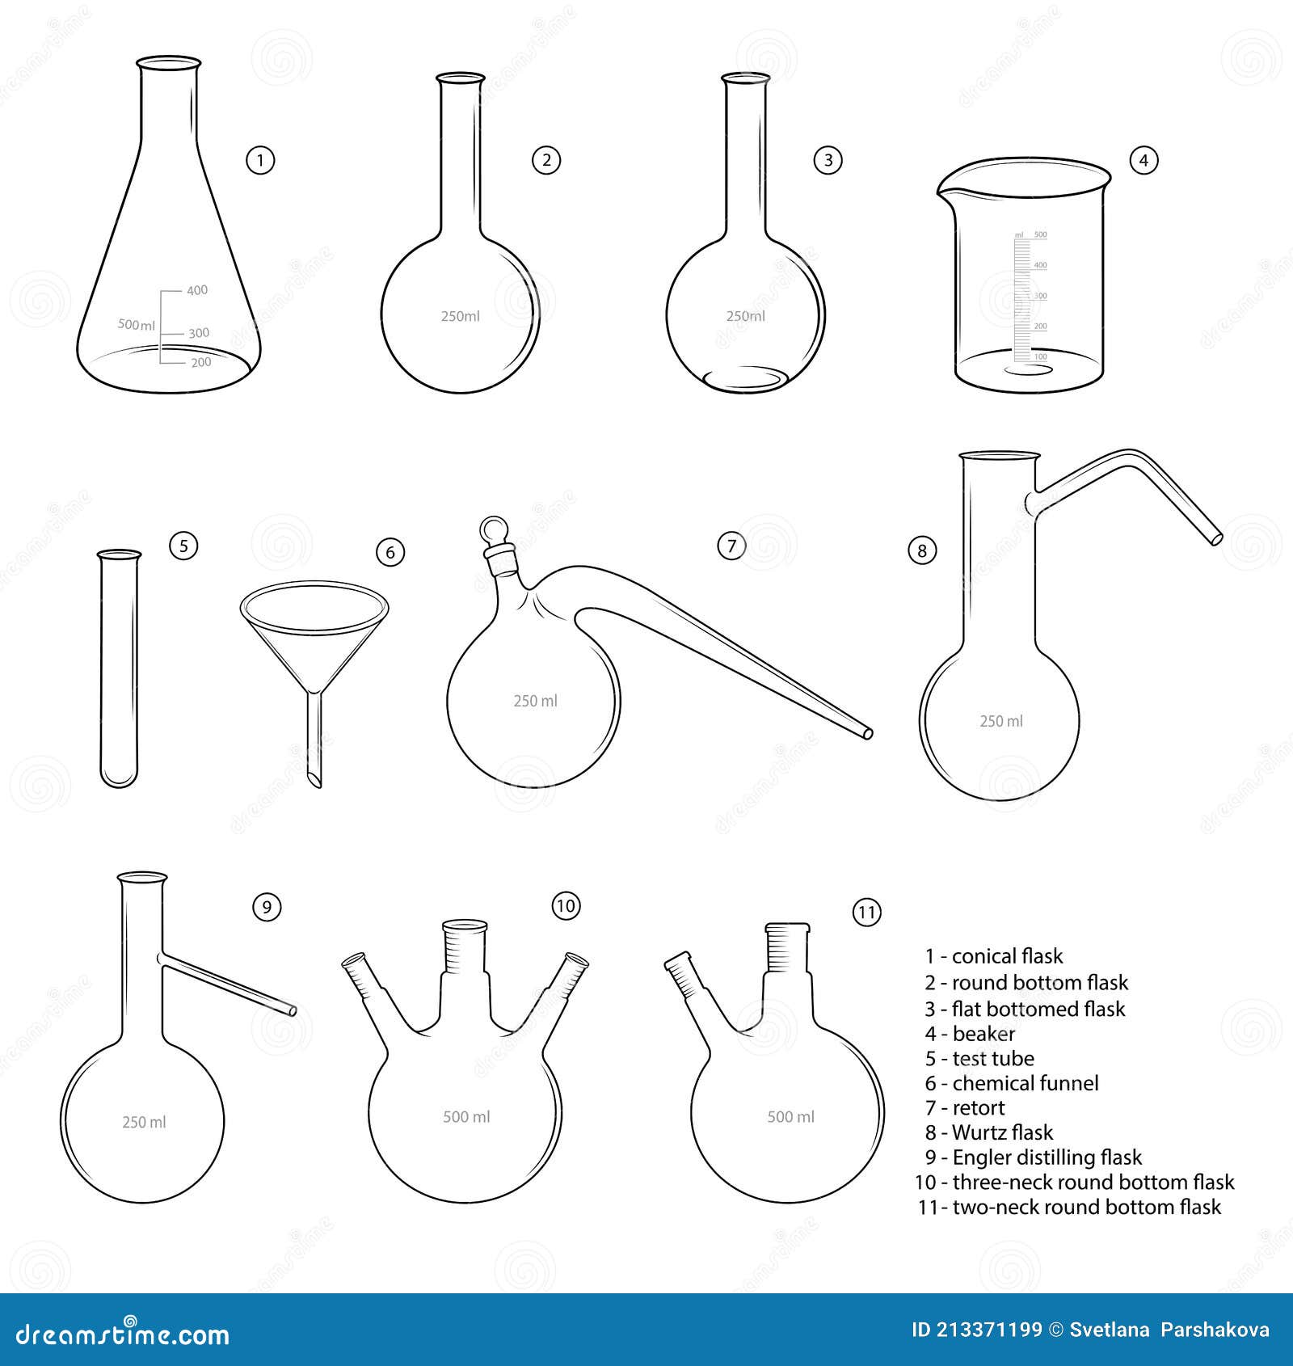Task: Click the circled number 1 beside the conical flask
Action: pos(260,160)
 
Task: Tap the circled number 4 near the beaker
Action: pos(1143,160)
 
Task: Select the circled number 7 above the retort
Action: pos(731,546)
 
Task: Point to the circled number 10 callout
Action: pos(566,905)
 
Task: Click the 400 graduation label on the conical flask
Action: pos(197,290)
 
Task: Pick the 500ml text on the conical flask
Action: pos(137,324)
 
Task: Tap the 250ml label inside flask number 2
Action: pos(460,316)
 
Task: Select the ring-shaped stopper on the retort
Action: pos(492,530)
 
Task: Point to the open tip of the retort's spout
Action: pos(868,734)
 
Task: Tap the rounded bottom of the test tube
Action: pos(119,779)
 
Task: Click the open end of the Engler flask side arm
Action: pos(293,1010)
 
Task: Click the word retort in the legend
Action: pos(979,1107)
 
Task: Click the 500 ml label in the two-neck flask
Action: pos(790,1116)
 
